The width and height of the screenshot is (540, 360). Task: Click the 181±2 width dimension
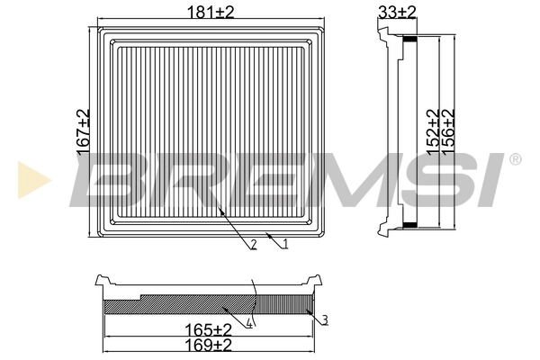(x=209, y=11)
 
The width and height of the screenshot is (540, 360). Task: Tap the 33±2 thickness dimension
(x=397, y=11)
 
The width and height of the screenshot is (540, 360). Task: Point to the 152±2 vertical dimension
(x=432, y=132)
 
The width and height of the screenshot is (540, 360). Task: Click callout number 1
(x=284, y=243)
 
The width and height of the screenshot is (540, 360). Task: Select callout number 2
(x=255, y=244)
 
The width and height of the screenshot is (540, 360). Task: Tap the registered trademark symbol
(x=514, y=160)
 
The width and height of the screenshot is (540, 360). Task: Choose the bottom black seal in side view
(x=409, y=224)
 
